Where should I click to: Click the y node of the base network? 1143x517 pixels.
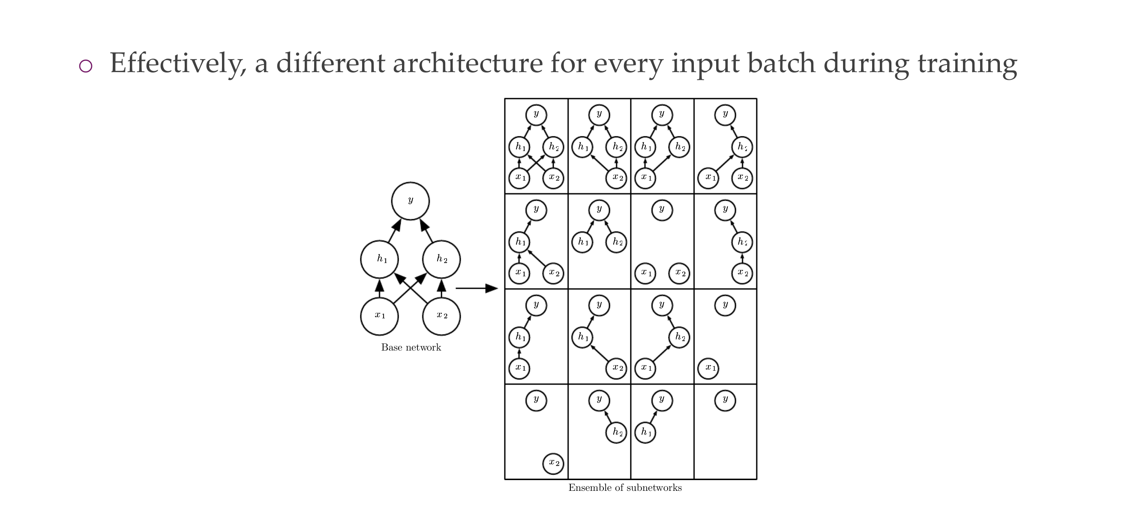tap(410, 201)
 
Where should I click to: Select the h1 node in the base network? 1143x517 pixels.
tap(379, 260)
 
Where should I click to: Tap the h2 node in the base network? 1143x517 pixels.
tap(441, 260)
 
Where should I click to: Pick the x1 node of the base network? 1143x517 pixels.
tap(379, 316)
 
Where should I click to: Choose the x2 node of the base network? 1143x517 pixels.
tap(441, 316)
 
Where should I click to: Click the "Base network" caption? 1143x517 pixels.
tap(411, 348)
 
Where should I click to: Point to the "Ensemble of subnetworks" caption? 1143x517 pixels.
tap(625, 488)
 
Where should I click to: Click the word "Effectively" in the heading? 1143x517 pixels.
tap(178, 63)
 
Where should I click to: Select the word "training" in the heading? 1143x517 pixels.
tap(967, 63)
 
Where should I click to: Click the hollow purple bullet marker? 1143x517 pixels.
tap(86, 66)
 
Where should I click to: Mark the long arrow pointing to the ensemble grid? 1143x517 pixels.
tap(477, 288)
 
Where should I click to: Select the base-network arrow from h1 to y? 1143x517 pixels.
tap(394, 230)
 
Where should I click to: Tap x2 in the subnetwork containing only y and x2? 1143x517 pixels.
tap(553, 463)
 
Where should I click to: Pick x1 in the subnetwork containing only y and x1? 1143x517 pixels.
tap(708, 368)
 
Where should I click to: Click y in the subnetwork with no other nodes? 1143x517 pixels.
tap(725, 400)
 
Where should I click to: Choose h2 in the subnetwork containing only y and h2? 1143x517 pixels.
tap(616, 432)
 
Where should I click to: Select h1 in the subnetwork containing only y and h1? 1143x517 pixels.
tap(645, 432)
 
